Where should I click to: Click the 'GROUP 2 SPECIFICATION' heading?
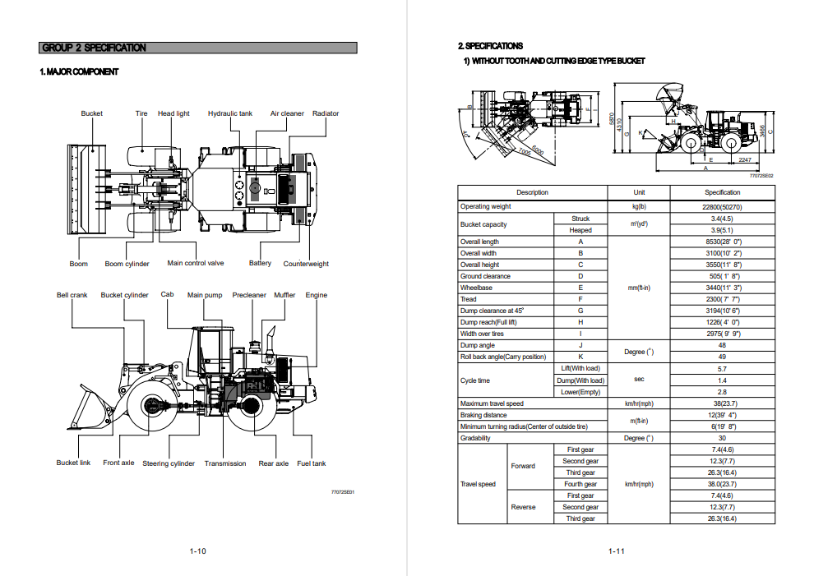[x=94, y=48]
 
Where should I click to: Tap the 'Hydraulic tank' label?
[x=229, y=113]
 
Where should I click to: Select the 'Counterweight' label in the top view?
[x=306, y=264]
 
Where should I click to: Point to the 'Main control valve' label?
[x=196, y=263]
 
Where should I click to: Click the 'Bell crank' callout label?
[x=72, y=295]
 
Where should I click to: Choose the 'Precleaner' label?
[x=249, y=295]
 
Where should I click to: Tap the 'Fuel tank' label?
[x=312, y=463]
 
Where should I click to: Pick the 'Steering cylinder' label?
[x=169, y=463]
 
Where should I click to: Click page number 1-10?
[x=197, y=551]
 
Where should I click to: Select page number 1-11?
[x=617, y=551]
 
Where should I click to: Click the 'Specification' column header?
[x=722, y=192]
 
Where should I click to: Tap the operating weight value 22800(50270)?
[x=722, y=207]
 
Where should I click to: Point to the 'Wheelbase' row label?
[x=476, y=288]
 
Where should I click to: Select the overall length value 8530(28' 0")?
[x=722, y=242]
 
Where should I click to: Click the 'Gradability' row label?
[x=475, y=438]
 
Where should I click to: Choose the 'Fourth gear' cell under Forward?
[x=580, y=484]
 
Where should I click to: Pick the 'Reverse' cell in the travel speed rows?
[x=523, y=507]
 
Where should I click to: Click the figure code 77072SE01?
[x=342, y=492]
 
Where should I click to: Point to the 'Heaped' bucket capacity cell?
[x=580, y=230]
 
